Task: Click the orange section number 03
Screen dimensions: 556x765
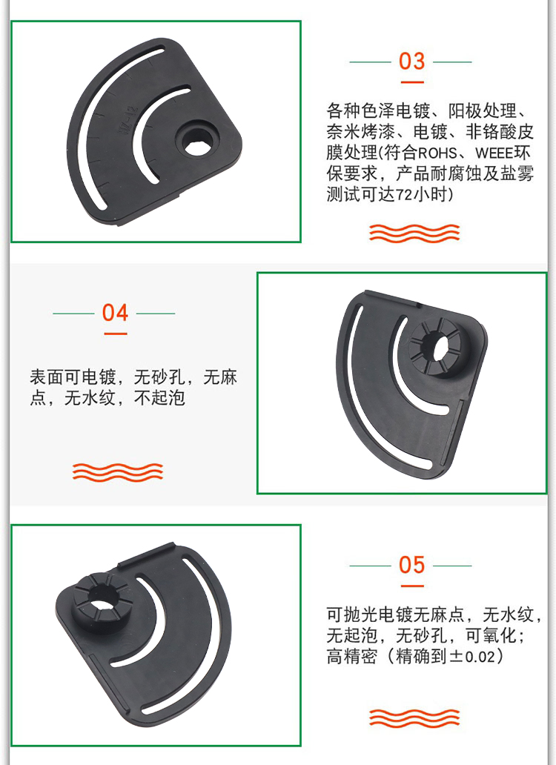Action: (x=411, y=61)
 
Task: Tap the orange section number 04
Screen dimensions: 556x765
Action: (x=115, y=313)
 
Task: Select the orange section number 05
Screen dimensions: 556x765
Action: (x=411, y=565)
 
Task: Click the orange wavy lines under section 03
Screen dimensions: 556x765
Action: (x=414, y=234)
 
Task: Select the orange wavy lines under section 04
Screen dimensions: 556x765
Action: (x=118, y=471)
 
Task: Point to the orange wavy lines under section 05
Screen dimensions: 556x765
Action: (x=414, y=718)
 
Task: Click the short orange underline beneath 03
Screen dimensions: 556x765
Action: (x=412, y=82)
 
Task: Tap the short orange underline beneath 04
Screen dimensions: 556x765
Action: (x=115, y=334)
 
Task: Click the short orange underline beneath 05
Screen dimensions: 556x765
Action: (x=412, y=586)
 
